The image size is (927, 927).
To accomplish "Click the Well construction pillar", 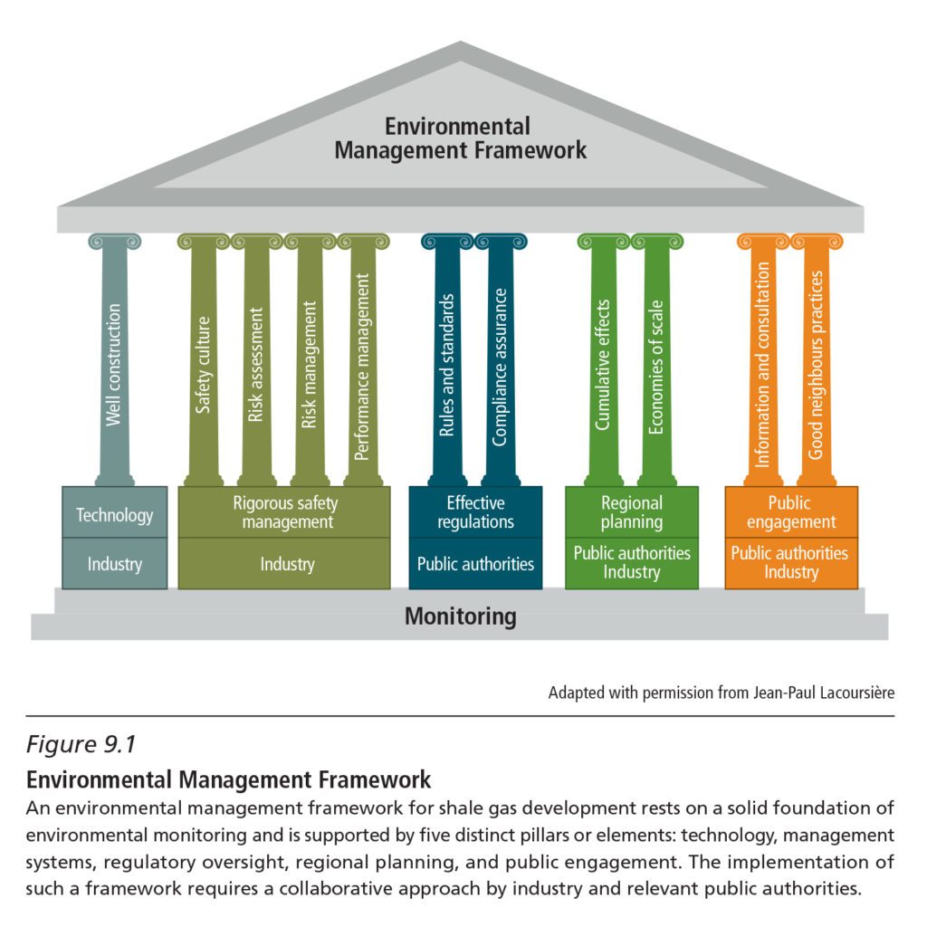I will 114,362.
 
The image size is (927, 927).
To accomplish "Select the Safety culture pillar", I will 204,362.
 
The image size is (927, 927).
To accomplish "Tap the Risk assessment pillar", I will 256,362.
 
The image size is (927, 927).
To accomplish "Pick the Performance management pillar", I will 363,362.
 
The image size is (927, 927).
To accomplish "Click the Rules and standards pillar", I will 447,362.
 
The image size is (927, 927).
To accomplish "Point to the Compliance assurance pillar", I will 501,362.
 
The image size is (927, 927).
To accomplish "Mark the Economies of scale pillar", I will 657,362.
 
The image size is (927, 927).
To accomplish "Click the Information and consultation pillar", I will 763,362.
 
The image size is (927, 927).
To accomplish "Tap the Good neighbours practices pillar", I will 817,362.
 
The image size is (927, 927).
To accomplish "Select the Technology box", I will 114,514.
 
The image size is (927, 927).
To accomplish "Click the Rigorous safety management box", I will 284,512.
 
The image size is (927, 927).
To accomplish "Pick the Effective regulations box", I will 475,512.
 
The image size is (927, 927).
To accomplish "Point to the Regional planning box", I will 632,512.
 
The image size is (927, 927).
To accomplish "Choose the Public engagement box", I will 790,512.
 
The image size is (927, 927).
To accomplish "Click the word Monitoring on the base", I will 460,616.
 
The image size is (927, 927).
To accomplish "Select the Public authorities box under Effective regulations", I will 475,564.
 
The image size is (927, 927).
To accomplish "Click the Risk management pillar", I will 310,362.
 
